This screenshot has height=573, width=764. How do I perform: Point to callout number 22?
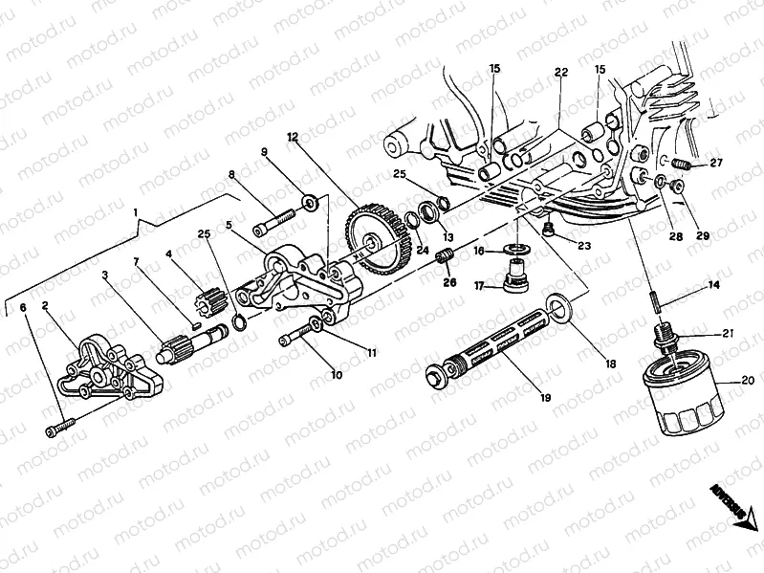pyautogui.click(x=560, y=73)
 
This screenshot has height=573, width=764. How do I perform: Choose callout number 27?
pyautogui.click(x=715, y=163)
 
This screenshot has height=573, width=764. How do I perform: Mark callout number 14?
pyautogui.click(x=713, y=285)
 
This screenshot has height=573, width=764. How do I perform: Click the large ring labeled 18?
pyautogui.click(x=561, y=309)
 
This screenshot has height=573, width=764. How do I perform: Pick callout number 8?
pyautogui.click(x=230, y=174)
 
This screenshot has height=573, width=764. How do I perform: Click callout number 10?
pyautogui.click(x=336, y=375)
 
